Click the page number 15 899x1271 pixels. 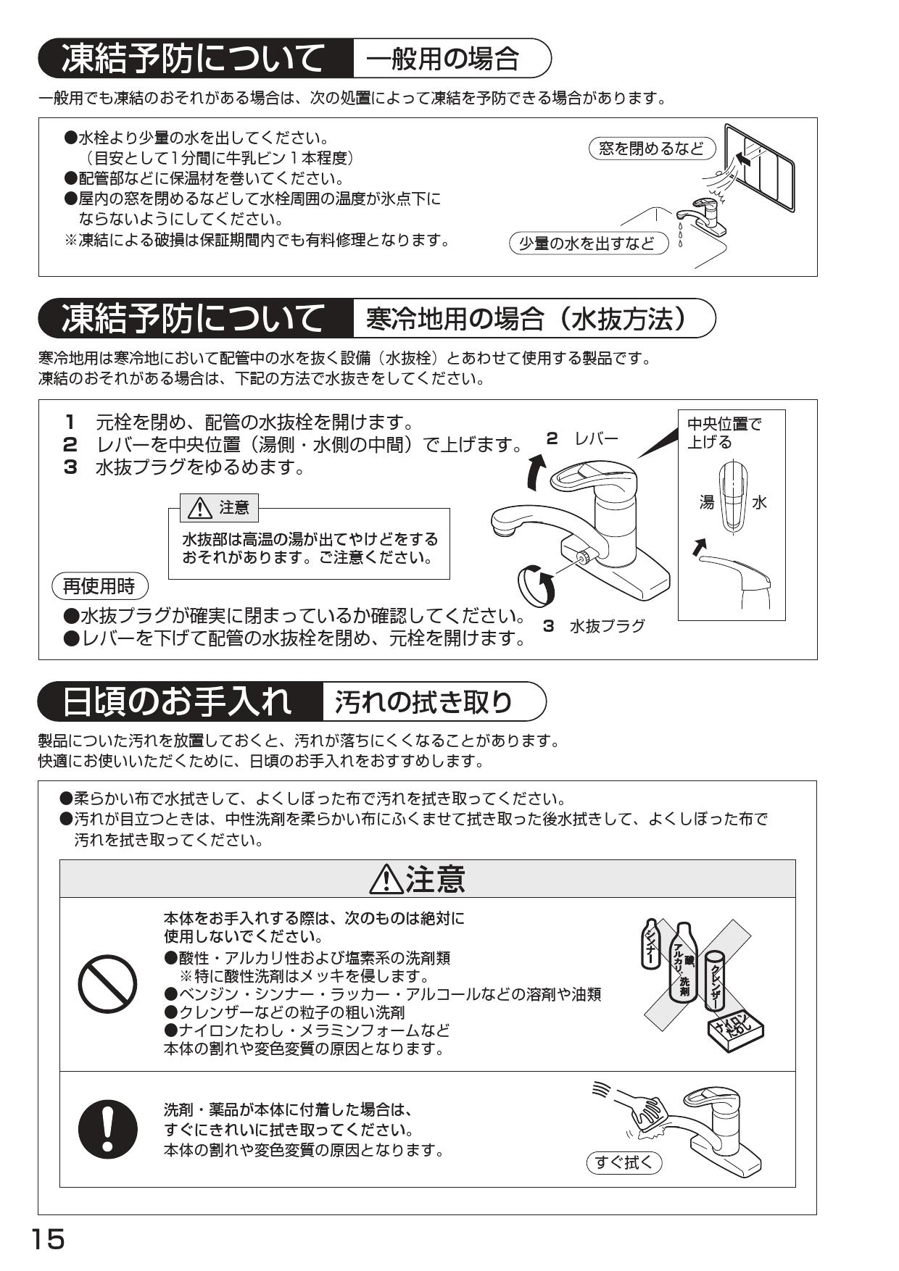(48, 1238)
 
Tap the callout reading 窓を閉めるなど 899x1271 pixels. (651, 149)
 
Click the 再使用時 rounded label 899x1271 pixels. (99, 586)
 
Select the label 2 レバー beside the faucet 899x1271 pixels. (583, 438)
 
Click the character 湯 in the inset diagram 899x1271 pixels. (706, 502)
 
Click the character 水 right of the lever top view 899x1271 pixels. (759, 502)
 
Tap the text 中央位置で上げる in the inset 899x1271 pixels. (724, 433)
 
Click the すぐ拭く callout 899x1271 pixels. (623, 1163)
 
